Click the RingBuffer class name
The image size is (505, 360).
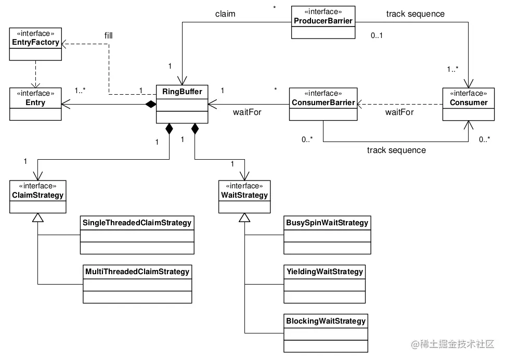point(182,93)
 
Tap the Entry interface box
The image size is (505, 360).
point(35,103)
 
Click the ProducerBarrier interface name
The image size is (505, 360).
point(322,21)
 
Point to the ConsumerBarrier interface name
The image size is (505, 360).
point(322,102)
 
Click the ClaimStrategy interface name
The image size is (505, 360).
point(38,195)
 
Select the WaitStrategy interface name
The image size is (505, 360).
point(244,195)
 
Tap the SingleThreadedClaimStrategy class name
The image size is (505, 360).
point(137,223)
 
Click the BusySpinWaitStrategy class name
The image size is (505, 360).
point(327,223)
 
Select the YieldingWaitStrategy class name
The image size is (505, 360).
point(325,271)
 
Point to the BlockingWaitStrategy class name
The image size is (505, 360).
point(326,320)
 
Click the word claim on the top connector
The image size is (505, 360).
point(225,14)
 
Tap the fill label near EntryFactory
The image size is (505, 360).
point(108,36)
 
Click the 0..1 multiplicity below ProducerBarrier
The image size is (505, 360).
point(376,36)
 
